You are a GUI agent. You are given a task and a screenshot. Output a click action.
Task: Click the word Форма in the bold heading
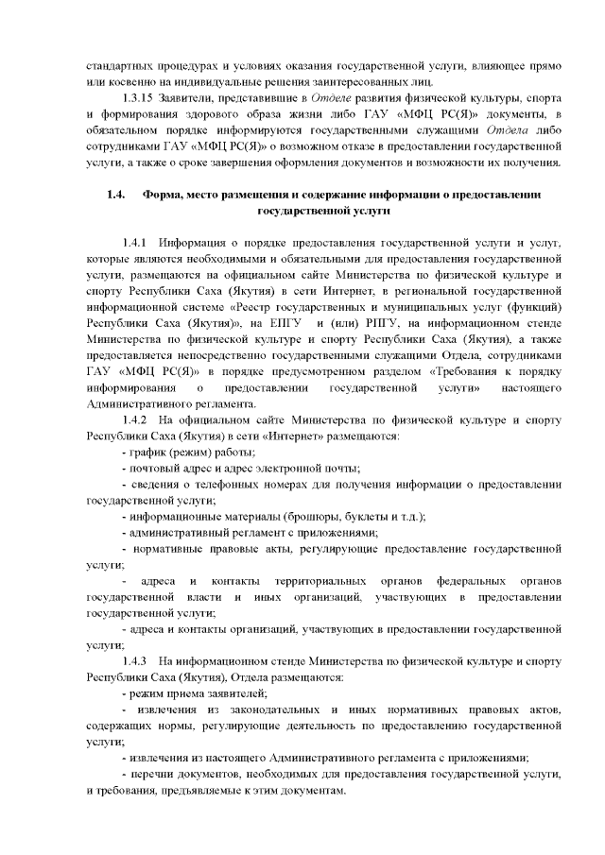[164, 195]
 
